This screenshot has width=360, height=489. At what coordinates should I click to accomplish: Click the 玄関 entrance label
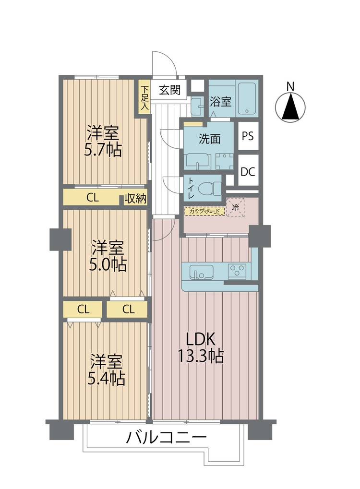click(x=170, y=90)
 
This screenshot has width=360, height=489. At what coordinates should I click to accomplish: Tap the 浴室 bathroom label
click(x=220, y=101)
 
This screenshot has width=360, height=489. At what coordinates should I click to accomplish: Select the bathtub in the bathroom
click(x=247, y=98)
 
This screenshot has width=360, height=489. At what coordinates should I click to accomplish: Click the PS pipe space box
click(x=248, y=136)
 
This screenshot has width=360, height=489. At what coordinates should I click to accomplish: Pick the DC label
click(x=248, y=172)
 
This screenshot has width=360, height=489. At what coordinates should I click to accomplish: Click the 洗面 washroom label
click(x=210, y=139)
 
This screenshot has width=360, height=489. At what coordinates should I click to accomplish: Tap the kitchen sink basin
click(x=201, y=272)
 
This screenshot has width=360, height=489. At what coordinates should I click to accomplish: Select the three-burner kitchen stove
click(x=237, y=271)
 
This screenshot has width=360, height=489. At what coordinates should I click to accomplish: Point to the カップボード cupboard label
click(x=204, y=211)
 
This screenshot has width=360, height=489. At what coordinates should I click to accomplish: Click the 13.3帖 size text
click(x=201, y=356)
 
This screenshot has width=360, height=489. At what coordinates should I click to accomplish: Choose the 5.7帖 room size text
click(x=103, y=150)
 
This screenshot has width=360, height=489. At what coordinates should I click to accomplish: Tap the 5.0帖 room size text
click(x=108, y=265)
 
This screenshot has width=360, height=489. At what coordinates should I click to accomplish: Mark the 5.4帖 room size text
click(x=107, y=379)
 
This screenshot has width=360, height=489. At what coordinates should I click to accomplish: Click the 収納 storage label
click(x=135, y=199)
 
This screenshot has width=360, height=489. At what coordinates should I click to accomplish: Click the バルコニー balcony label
click(x=166, y=438)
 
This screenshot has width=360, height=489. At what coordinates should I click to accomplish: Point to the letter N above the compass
click(x=290, y=87)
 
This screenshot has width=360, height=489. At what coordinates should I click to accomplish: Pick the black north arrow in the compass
click(x=290, y=107)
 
